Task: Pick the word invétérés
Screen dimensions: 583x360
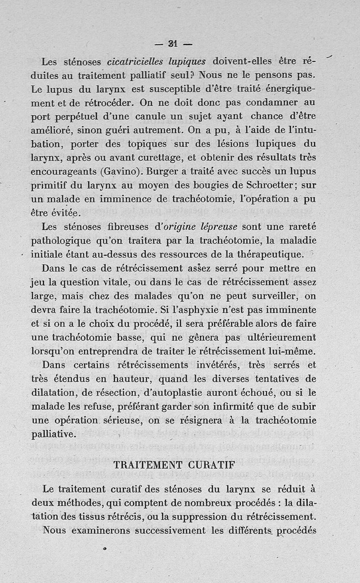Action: [216, 365]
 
